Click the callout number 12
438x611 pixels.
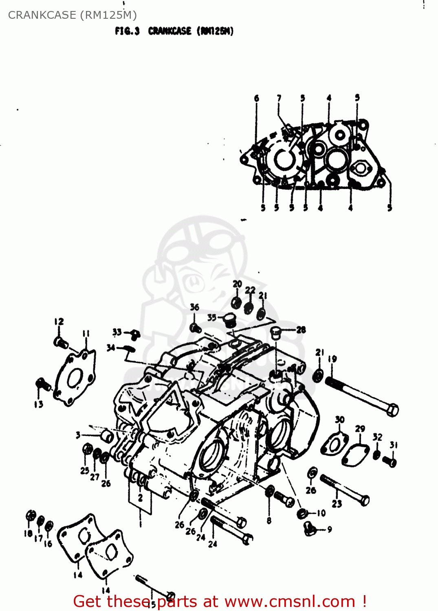[x=59, y=321]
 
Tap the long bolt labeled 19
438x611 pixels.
[x=361, y=395]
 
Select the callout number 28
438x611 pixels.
[x=301, y=330]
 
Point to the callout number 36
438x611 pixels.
[x=195, y=308]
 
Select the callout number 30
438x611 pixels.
[x=340, y=420]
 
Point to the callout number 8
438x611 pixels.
[x=269, y=520]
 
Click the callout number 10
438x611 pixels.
[x=321, y=513]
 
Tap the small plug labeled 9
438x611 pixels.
[x=310, y=529]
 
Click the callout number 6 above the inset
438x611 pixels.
[x=256, y=98]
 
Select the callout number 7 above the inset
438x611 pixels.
[x=279, y=98]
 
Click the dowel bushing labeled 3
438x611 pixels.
[x=108, y=436]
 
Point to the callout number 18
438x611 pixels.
[x=28, y=533]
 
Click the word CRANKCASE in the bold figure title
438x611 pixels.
[x=169, y=31]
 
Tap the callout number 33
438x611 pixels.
[x=117, y=332]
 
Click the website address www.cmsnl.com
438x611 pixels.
[x=290, y=601]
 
